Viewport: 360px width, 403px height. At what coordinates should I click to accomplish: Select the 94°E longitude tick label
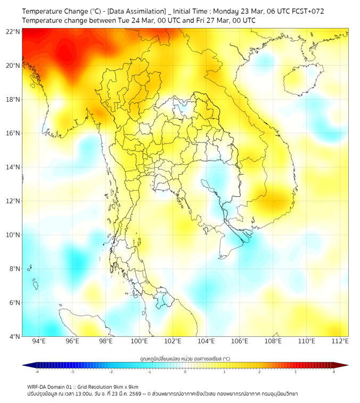[39, 341]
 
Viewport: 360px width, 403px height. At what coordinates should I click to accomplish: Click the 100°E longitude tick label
[139, 341]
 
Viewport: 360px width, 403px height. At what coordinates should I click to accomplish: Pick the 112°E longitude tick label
[340, 341]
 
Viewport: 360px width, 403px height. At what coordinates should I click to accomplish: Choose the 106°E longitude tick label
[240, 341]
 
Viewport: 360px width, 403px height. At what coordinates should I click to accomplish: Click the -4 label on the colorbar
[37, 372]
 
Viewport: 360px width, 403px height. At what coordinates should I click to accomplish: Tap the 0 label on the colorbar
[185, 372]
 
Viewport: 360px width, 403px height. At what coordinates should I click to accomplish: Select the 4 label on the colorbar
[333, 372]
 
